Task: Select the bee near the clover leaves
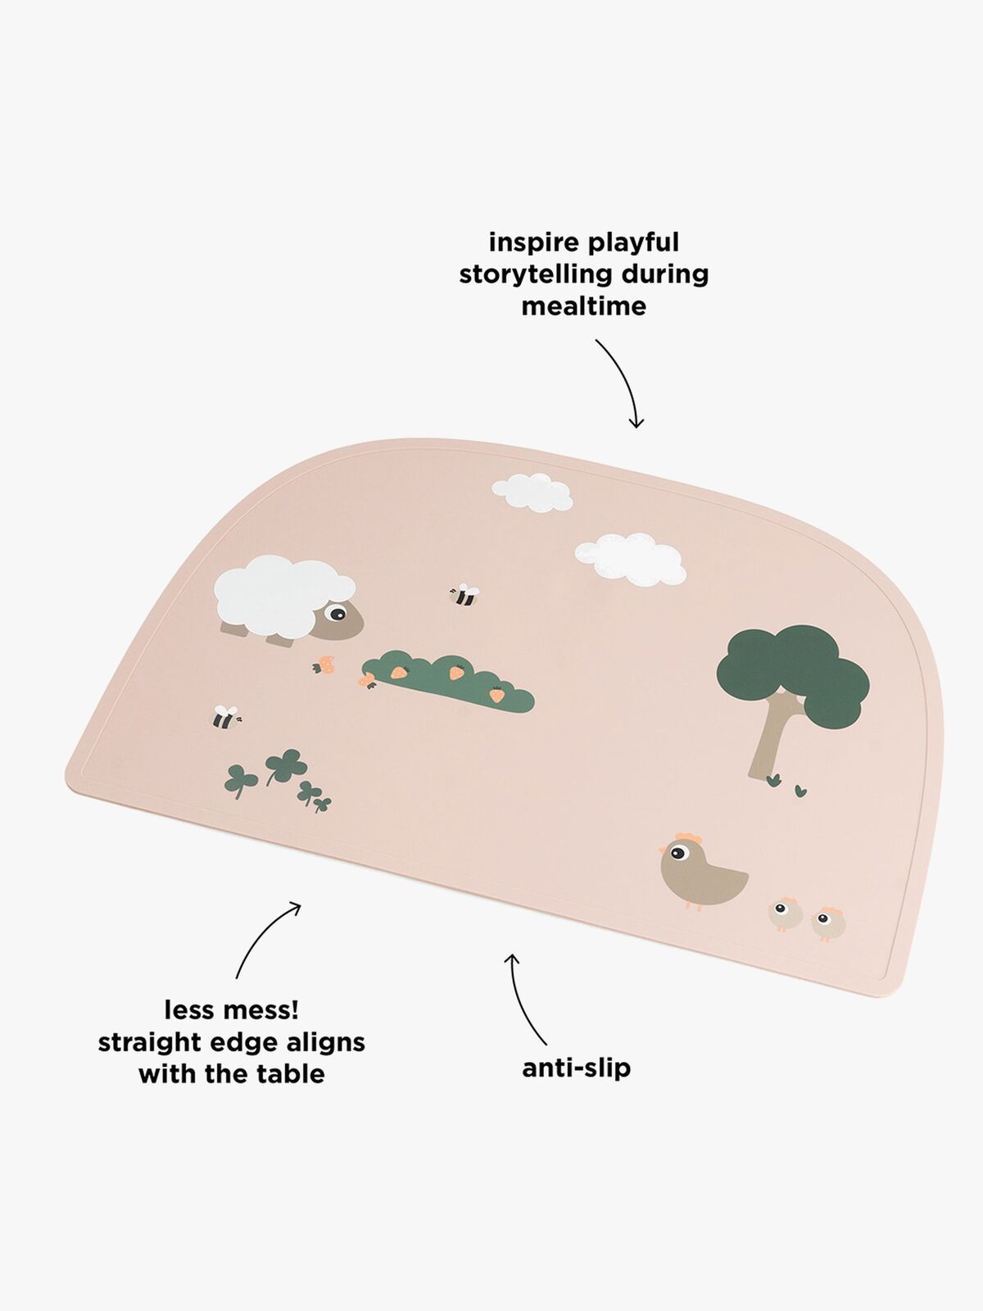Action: point(224,718)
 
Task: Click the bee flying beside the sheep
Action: point(464,595)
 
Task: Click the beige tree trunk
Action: point(768,737)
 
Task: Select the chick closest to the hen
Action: point(785,913)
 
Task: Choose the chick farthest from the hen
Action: point(828,923)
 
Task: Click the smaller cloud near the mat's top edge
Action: point(532,492)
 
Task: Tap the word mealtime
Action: point(583,306)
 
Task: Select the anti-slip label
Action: point(576,1068)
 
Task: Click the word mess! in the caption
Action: point(264,1009)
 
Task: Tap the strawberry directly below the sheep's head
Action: point(328,665)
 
